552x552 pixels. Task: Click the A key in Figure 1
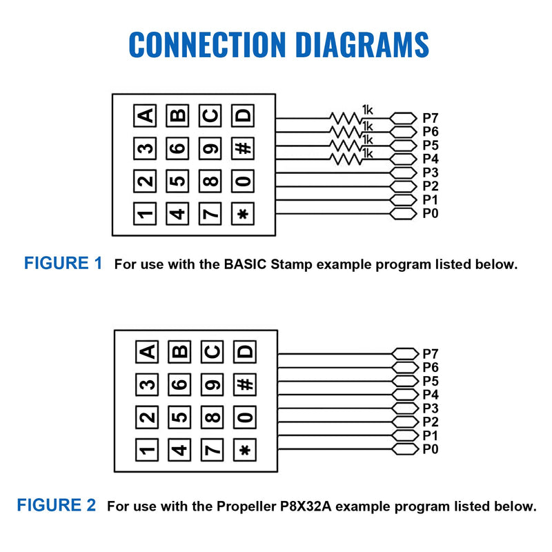coord(145,115)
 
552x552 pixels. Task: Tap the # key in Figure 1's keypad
coord(243,148)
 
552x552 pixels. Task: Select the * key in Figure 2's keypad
coord(245,450)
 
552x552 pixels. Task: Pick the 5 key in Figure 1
coord(177,181)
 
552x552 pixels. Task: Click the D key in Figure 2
coord(245,352)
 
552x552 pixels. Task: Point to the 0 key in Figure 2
coord(245,417)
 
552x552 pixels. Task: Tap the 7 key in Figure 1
coord(210,213)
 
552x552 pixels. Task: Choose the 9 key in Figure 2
coord(212,384)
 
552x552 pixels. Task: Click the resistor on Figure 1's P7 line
coord(346,118)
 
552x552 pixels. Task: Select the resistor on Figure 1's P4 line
coord(346,159)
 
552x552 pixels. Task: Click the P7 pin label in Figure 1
coord(430,118)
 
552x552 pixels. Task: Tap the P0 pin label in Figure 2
coord(430,449)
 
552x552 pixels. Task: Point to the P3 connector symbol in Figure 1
coord(404,173)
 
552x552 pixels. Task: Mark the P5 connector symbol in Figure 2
coord(405,381)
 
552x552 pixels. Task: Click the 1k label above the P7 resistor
coord(367,110)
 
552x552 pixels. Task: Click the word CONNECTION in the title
coord(208,44)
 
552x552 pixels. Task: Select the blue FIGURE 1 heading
coord(63,263)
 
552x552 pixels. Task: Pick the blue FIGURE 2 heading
coord(57,505)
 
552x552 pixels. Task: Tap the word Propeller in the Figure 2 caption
coord(246,506)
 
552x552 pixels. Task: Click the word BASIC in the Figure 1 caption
coord(246,264)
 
